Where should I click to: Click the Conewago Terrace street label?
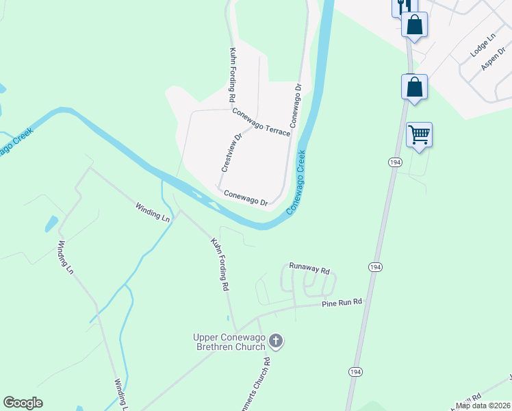(x=261, y=121)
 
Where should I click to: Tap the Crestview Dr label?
(x=231, y=152)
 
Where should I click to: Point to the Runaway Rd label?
(x=309, y=268)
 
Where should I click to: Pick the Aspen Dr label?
(x=492, y=62)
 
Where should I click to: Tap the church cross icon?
(x=276, y=340)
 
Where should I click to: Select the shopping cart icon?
(x=419, y=134)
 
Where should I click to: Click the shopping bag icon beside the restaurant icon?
(x=414, y=25)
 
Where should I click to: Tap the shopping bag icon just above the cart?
(x=414, y=87)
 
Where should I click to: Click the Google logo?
(x=23, y=403)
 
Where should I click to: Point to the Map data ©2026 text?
(x=483, y=406)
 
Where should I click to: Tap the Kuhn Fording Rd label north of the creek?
(x=233, y=75)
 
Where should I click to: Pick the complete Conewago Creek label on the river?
(x=296, y=183)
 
